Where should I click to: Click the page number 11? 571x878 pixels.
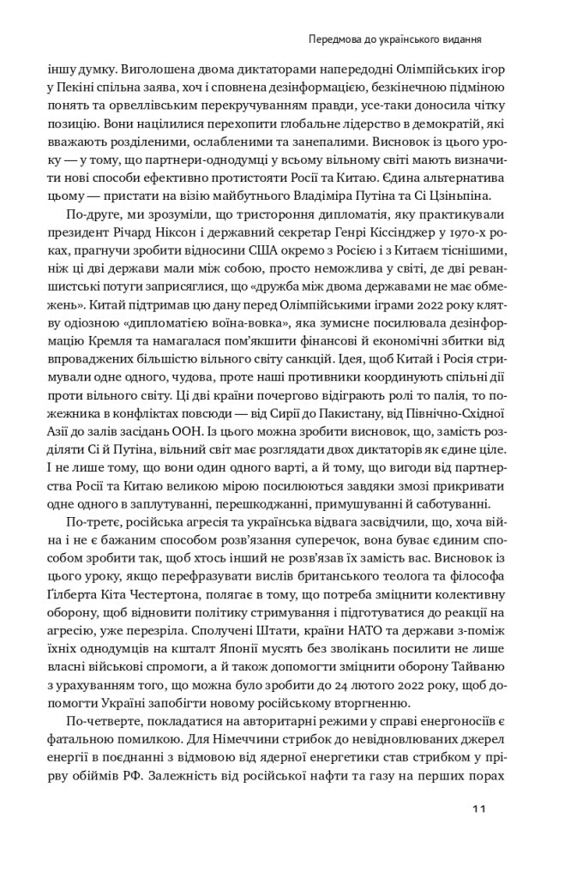tap(478, 809)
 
